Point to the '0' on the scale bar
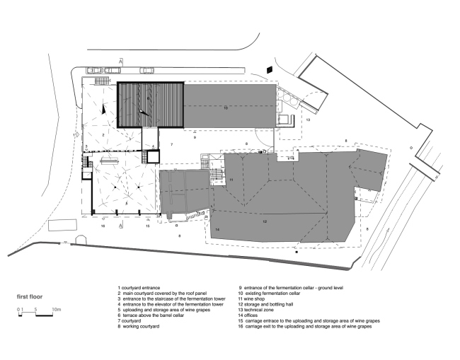[x=16, y=310]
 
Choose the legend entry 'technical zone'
[x=263, y=310]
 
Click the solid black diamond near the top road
[x=269, y=69]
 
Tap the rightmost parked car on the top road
[x=146, y=71]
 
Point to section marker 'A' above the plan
[x=121, y=62]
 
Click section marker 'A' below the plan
[x=121, y=225]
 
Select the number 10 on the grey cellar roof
[x=226, y=108]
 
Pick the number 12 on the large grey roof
[x=264, y=222]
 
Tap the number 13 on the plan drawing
[x=309, y=120]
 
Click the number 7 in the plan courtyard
[x=171, y=144]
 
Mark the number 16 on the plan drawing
[x=103, y=226]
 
